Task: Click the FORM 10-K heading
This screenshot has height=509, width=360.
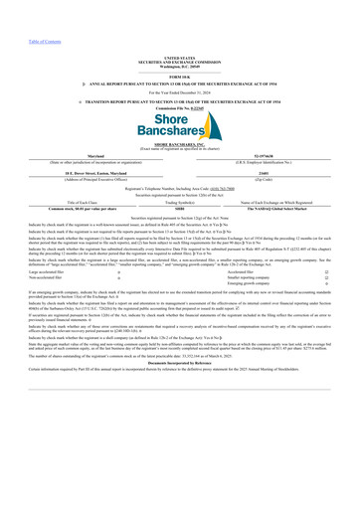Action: [x=179, y=49]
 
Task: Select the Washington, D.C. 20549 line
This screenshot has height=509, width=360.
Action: [x=179, y=39]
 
